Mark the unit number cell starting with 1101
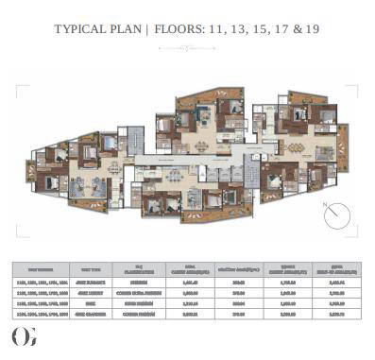point(45,282)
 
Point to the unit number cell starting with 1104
point(45,311)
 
